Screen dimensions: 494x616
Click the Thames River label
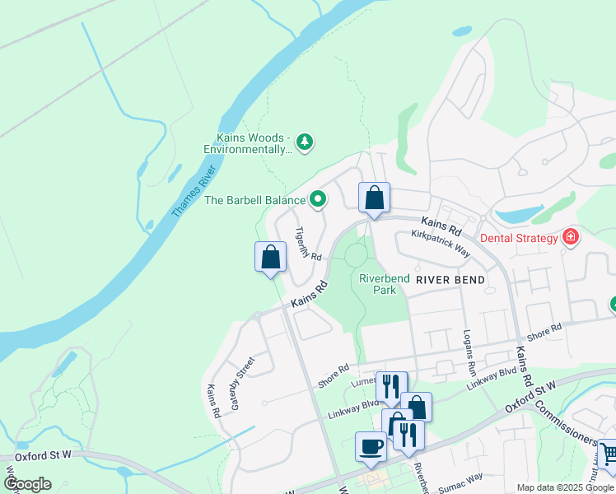tap(194, 192)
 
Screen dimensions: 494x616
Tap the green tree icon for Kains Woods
tap(306, 143)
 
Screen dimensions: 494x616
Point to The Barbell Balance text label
tap(254, 199)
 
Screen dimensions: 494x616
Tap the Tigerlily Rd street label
tap(307, 243)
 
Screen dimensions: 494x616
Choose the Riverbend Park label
tap(384, 284)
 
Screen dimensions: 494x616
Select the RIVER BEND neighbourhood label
tap(450, 280)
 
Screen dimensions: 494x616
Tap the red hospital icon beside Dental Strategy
tap(570, 238)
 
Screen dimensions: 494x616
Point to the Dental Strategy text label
tap(519, 238)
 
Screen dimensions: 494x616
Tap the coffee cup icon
tap(371, 446)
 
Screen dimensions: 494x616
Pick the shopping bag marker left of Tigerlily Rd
tap(270, 257)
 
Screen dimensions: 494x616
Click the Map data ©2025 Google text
tap(564, 487)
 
